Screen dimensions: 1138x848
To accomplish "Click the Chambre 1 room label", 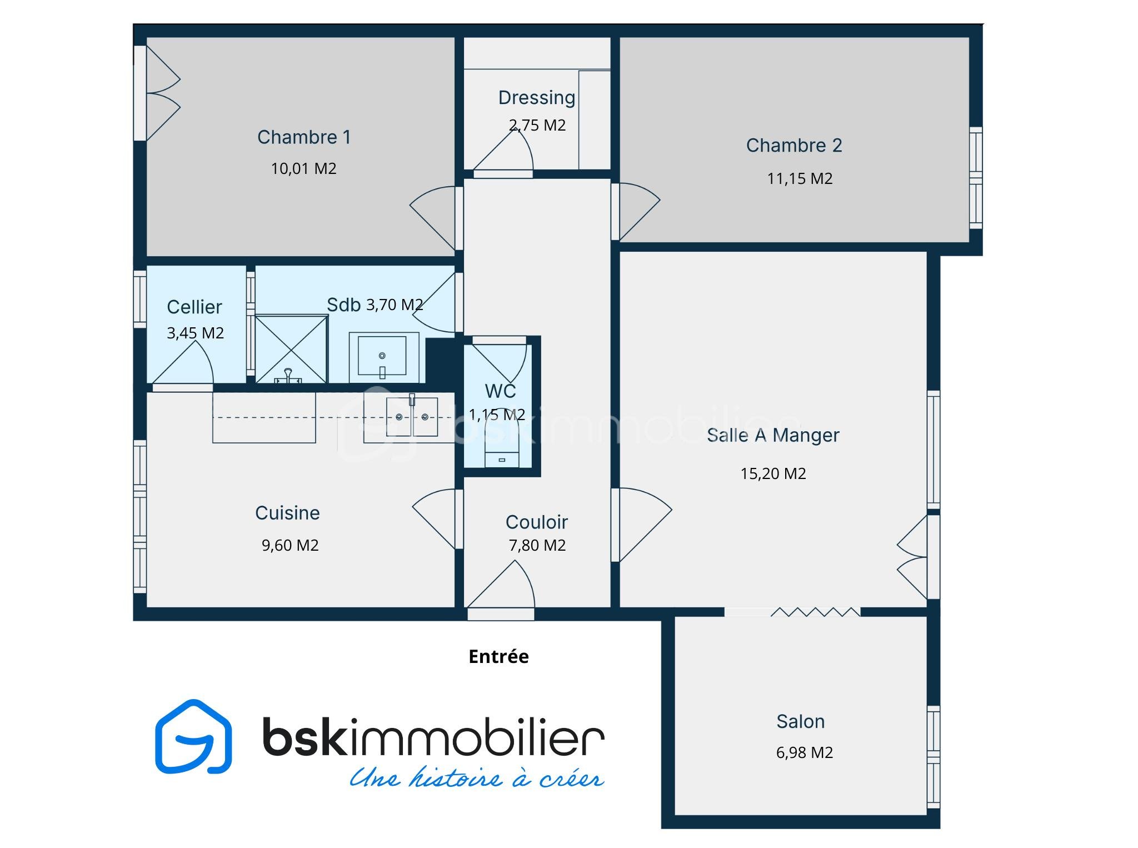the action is pyautogui.click(x=304, y=137).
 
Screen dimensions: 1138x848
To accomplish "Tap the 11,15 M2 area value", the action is pyautogui.click(x=800, y=178).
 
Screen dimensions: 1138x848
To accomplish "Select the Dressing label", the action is pyautogui.click(x=537, y=98).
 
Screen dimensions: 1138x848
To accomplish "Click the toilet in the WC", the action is pyautogui.click(x=502, y=441).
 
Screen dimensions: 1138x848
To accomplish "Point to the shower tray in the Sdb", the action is pyautogui.click(x=291, y=349).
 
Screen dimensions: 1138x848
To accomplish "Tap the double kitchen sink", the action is pyautogui.click(x=412, y=416).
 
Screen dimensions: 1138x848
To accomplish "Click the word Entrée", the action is pyautogui.click(x=498, y=656).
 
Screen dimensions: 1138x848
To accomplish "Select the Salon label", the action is pyautogui.click(x=800, y=721).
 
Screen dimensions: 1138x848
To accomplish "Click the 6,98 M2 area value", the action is pyautogui.click(x=804, y=752).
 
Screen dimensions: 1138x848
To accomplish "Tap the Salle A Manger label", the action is pyautogui.click(x=773, y=435).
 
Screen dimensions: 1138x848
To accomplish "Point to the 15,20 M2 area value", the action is pyautogui.click(x=773, y=473).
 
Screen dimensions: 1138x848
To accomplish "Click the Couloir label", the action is pyautogui.click(x=537, y=522).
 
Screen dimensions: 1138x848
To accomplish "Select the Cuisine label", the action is pyautogui.click(x=287, y=513).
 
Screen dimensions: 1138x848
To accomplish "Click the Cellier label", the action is pyautogui.click(x=194, y=307).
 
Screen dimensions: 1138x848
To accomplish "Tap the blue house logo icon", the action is pyautogui.click(x=193, y=736).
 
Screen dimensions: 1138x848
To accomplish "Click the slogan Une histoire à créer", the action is pyautogui.click(x=477, y=777).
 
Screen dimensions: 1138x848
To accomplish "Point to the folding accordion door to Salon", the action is pyautogui.click(x=815, y=612).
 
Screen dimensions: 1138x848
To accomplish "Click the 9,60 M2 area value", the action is pyautogui.click(x=290, y=545).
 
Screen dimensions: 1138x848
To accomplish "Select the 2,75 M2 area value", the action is pyautogui.click(x=537, y=125).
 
